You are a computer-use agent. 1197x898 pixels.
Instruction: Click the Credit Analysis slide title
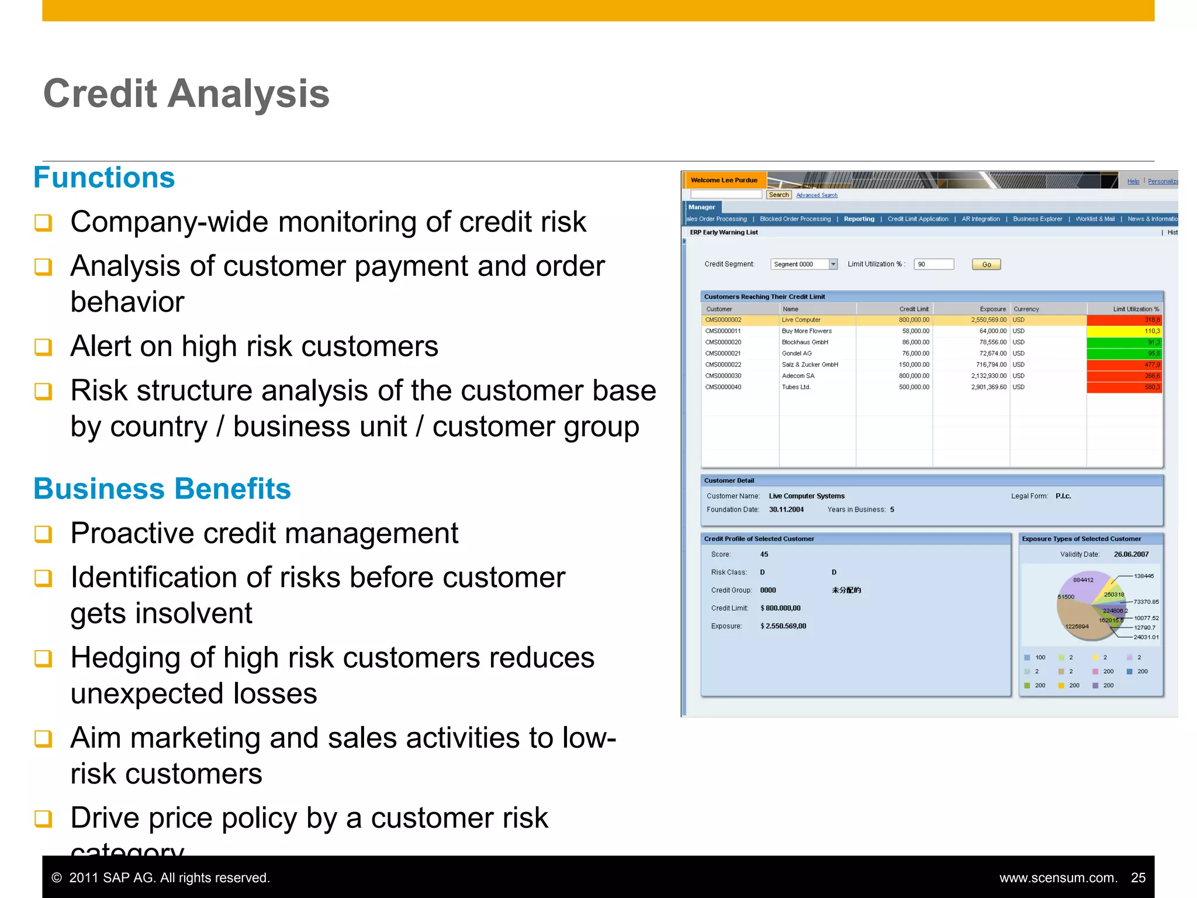[186, 94]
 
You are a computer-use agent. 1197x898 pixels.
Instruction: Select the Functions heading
[104, 178]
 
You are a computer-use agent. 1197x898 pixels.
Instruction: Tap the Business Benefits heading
[162, 489]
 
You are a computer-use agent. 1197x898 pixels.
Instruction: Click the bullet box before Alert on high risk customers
[43, 347]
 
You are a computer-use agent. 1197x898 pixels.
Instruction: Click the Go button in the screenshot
[986, 264]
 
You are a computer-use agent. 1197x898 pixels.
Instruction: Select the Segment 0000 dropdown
[804, 264]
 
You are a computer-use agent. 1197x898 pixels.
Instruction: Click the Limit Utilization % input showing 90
[933, 264]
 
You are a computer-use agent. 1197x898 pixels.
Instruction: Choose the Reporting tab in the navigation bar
[859, 219]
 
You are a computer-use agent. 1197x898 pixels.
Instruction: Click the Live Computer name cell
[801, 320]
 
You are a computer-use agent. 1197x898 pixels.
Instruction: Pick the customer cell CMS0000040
[723, 387]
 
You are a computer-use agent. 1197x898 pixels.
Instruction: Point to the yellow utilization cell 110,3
[1123, 331]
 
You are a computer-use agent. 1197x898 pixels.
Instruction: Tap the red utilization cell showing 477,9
[1123, 365]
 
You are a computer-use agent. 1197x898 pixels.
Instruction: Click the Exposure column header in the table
[992, 309]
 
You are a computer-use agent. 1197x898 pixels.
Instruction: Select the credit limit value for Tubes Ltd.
[914, 387]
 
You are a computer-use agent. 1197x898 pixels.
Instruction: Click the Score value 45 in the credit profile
[764, 554]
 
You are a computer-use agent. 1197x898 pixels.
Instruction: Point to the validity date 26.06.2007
[1131, 554]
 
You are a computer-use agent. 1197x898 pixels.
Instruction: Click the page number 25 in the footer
[1138, 878]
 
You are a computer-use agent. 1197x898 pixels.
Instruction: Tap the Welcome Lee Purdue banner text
[724, 180]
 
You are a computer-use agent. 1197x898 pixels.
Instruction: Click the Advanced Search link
[817, 195]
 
